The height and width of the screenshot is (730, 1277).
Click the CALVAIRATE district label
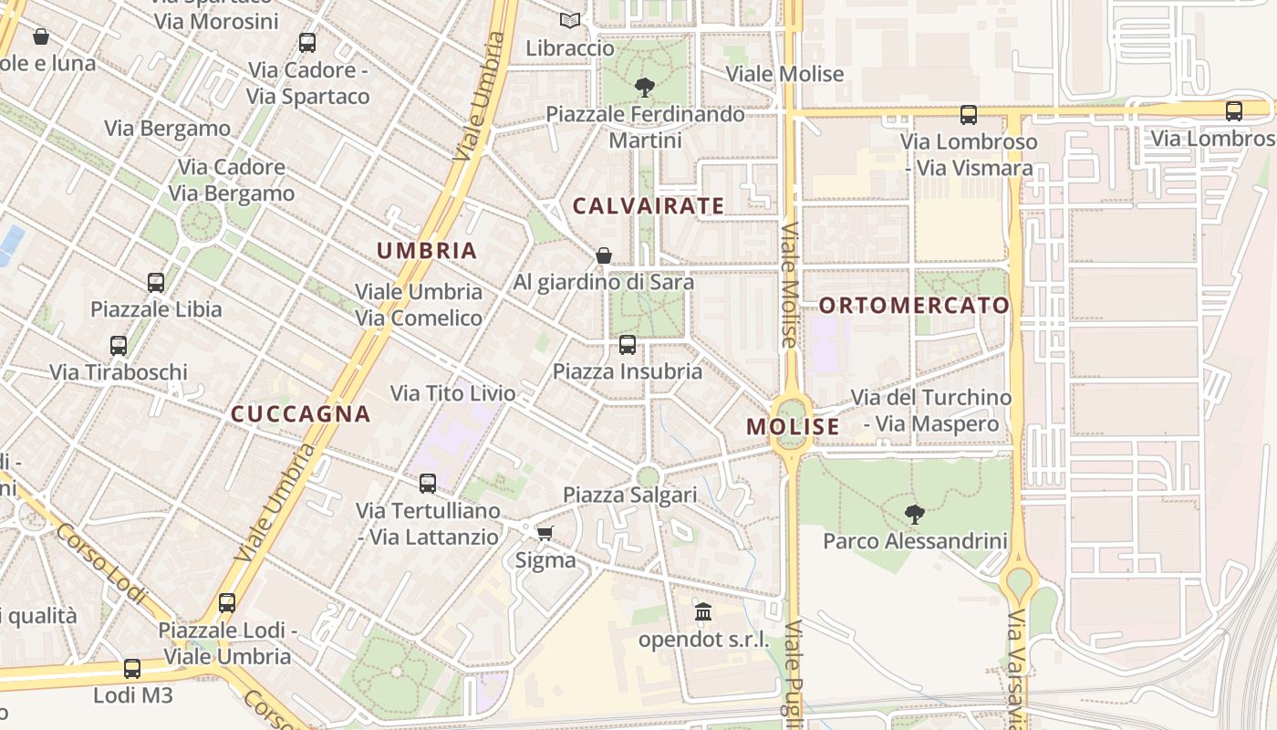pyautogui.click(x=649, y=206)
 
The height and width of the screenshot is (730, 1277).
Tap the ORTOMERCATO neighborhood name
pyautogui.click(x=914, y=306)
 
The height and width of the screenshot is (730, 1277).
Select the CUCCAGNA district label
pyautogui.click(x=301, y=414)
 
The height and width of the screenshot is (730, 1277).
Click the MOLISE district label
pyautogui.click(x=793, y=427)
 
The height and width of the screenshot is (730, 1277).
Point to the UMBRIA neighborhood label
pyautogui.click(x=427, y=251)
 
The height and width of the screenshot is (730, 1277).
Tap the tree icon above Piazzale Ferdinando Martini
pyautogui.click(x=645, y=88)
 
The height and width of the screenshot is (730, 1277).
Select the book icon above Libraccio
pyautogui.click(x=570, y=20)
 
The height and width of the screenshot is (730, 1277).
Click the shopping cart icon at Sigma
pyautogui.click(x=545, y=533)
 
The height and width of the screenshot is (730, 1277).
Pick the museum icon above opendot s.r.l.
pyautogui.click(x=703, y=612)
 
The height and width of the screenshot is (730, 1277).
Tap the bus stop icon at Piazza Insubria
pyautogui.click(x=628, y=345)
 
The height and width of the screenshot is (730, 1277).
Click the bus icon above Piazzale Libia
pyautogui.click(x=156, y=283)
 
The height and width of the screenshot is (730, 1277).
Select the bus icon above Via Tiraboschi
pyautogui.click(x=119, y=346)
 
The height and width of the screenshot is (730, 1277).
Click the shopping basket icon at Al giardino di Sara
pyautogui.click(x=603, y=255)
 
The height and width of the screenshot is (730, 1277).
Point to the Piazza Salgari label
pyautogui.click(x=629, y=495)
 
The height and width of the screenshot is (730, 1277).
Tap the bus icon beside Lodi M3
pyautogui.click(x=132, y=669)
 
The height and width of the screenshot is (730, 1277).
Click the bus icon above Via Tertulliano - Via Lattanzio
pyautogui.click(x=428, y=484)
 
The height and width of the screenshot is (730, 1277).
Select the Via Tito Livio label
pyautogui.click(x=452, y=394)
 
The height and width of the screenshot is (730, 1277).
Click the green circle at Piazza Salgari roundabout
pyautogui.click(x=648, y=476)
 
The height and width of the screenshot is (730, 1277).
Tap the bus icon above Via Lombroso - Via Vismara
pyautogui.click(x=969, y=115)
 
